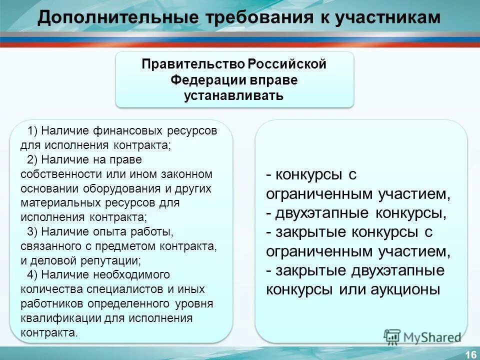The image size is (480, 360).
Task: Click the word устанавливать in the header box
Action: pos(234,95)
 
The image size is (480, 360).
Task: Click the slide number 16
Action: pos(470,354)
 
